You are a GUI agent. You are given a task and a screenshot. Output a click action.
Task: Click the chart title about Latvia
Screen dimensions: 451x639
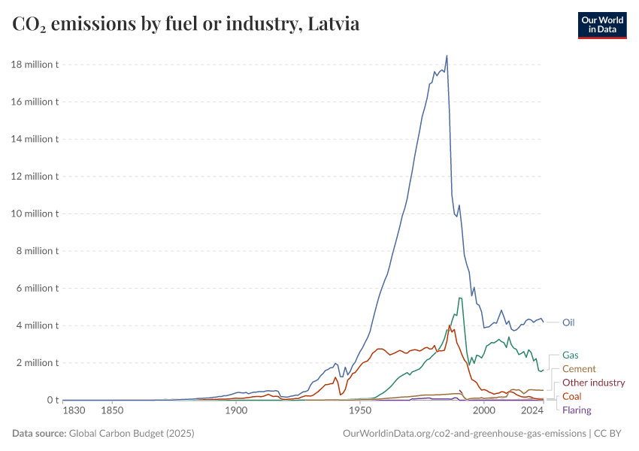click(186, 24)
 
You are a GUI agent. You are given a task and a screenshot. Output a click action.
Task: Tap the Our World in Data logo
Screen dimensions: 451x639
click(601, 24)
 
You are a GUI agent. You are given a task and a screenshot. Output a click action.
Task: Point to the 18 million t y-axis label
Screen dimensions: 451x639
click(35, 65)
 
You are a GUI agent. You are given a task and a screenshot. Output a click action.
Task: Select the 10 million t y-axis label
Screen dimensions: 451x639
click(35, 213)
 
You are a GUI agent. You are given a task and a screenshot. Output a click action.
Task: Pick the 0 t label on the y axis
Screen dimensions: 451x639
click(51, 400)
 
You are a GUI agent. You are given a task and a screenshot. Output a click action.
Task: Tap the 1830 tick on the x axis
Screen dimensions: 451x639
click(74, 410)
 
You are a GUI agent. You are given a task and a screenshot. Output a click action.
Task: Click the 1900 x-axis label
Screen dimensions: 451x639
click(236, 410)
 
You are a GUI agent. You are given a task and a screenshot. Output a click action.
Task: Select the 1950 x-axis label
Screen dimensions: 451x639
click(360, 410)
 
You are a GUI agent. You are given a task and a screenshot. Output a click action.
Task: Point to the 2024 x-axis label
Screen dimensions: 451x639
click(532, 410)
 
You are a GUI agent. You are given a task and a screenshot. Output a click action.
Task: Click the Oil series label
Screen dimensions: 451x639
click(568, 322)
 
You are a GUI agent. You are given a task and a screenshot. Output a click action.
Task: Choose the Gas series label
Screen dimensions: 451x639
click(570, 355)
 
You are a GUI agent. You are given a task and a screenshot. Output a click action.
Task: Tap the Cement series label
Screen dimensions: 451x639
click(579, 369)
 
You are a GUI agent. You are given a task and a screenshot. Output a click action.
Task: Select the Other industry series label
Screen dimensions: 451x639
click(593, 383)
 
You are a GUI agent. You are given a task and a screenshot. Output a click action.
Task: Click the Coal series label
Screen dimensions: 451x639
click(571, 396)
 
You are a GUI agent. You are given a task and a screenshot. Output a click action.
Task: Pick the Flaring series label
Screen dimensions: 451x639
click(577, 410)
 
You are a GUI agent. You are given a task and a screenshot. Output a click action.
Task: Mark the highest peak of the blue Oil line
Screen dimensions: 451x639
click(447, 56)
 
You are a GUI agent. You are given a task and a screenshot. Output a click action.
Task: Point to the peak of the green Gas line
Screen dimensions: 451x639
click(459, 298)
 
